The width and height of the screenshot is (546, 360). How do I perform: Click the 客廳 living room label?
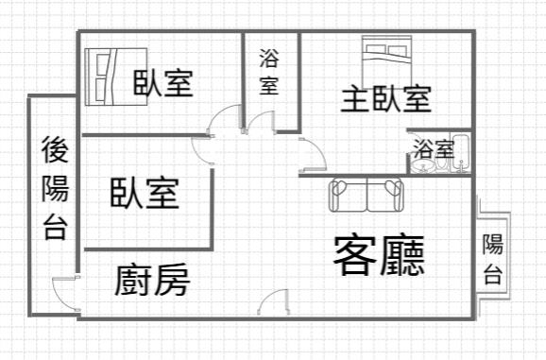378,253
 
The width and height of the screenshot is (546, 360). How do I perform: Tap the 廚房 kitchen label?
152,281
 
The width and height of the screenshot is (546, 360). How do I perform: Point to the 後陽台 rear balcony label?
55,189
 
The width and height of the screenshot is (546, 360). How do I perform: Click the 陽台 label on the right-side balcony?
492,259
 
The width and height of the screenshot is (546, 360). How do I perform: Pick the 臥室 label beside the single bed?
162,83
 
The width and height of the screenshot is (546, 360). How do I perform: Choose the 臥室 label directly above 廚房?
144,193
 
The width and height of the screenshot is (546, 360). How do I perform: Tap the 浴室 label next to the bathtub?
432,148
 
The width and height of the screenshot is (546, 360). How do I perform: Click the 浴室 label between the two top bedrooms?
269,71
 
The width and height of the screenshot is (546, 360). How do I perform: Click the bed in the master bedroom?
385,51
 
